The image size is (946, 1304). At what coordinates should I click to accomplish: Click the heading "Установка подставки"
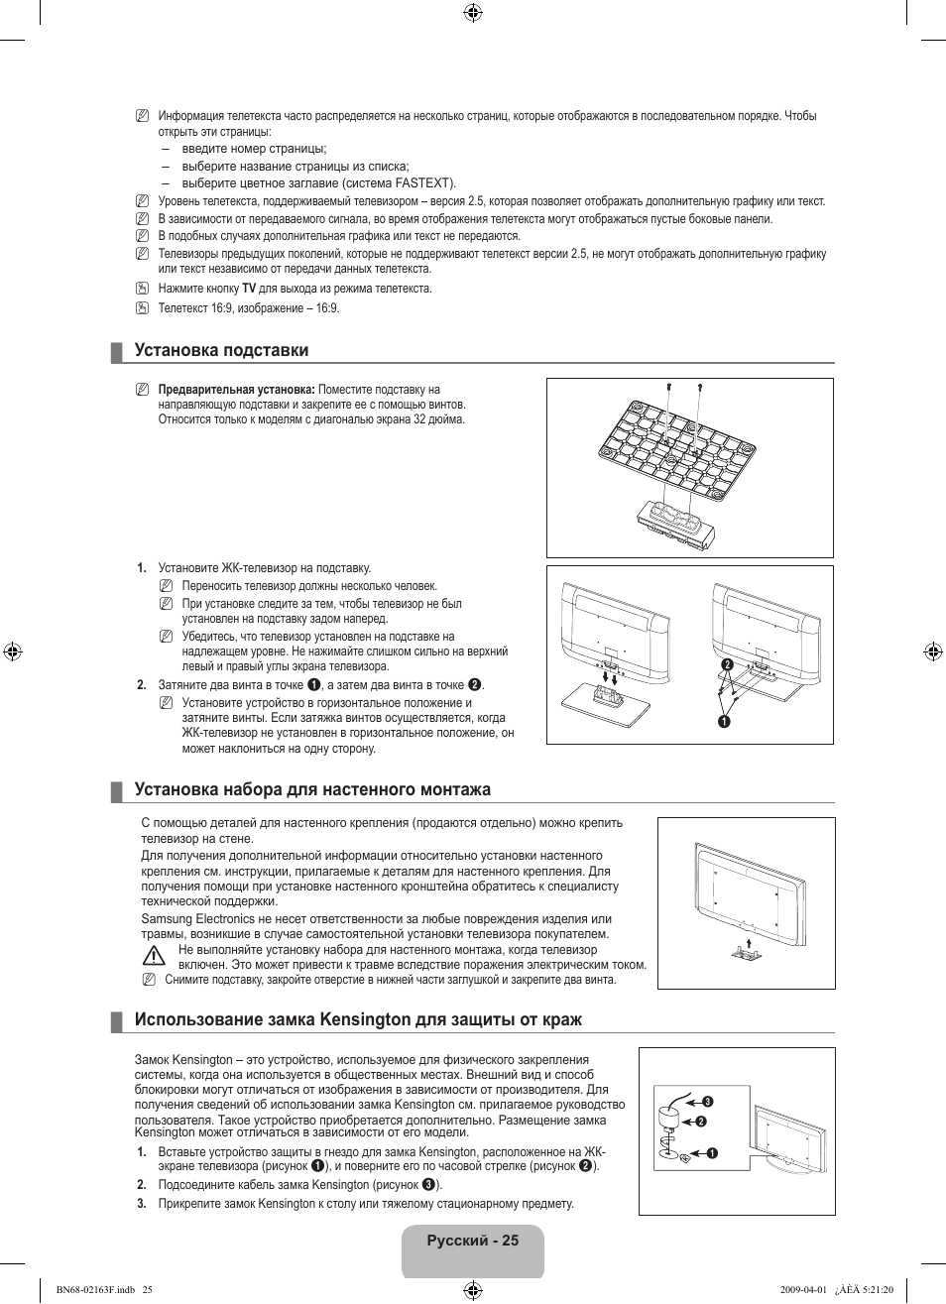221,350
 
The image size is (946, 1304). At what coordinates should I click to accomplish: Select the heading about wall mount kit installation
312,789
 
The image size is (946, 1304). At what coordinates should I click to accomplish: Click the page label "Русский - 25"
473,1241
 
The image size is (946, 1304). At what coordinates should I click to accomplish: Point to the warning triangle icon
152,956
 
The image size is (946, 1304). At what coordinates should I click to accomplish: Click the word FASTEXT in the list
423,183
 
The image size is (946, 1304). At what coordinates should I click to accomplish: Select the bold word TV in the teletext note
249,289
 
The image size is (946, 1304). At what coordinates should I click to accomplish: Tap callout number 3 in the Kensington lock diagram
709,1102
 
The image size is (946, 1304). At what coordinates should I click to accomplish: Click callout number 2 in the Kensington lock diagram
700,1122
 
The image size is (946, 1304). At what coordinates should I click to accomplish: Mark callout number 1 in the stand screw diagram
724,720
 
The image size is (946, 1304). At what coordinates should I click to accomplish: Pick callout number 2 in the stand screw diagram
726,663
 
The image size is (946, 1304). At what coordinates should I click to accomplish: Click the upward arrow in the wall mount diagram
750,942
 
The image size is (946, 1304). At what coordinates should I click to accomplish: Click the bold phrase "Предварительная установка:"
236,390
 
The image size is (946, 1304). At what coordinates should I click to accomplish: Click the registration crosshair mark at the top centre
473,13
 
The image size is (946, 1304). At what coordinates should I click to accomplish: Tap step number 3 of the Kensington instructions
142,1204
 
